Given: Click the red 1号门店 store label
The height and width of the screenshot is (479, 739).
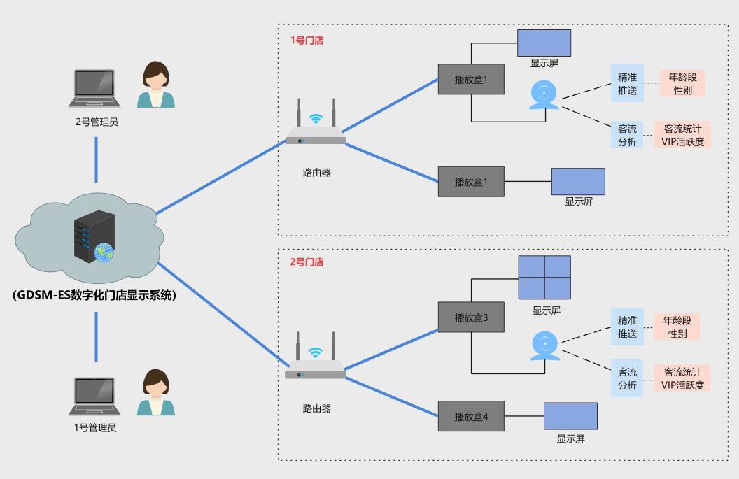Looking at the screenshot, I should pos(307,41).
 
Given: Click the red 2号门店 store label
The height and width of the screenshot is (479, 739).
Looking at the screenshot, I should pos(307,262).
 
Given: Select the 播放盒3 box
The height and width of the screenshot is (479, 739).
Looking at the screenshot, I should pos(471,317).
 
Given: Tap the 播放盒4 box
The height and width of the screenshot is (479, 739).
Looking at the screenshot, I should pos(471,417).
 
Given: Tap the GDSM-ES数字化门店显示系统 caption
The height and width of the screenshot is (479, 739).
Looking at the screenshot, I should pos(94,295).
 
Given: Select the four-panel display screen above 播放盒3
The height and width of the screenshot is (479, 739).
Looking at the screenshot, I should pos(544,277).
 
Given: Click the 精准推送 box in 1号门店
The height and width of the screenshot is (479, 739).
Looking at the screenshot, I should pos(627,83).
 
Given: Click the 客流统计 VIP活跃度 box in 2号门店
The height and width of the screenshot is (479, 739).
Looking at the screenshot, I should pos(682,378).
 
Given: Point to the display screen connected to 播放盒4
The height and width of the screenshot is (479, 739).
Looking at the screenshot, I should pos(571,416).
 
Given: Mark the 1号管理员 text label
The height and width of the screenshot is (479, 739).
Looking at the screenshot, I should pos(95,427).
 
